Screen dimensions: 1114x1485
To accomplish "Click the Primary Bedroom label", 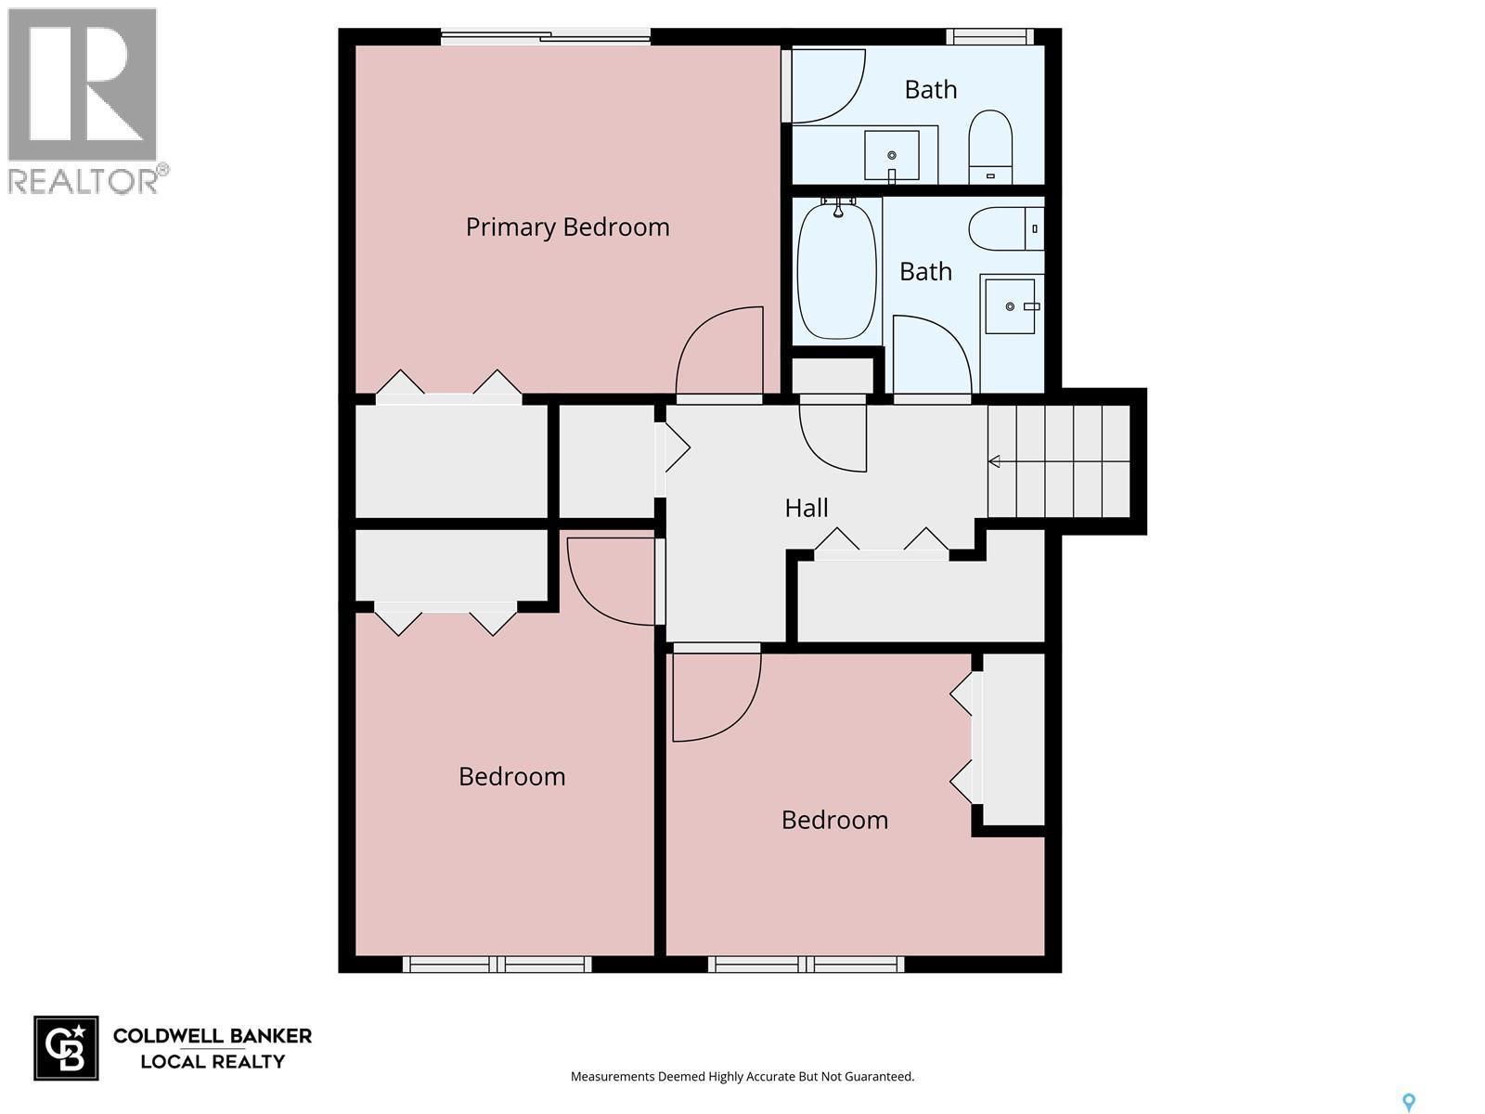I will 567,227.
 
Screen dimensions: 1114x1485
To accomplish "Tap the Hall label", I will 806,508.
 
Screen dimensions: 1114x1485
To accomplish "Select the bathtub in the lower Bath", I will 837,271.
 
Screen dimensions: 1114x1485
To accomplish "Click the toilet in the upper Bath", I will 990,147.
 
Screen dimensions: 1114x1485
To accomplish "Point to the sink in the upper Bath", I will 892,154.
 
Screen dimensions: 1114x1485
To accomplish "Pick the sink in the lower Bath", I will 1010,305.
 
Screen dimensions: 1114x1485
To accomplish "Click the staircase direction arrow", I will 994,461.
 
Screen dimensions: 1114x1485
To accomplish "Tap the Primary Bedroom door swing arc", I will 719,353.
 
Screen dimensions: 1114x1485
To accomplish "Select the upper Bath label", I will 930,89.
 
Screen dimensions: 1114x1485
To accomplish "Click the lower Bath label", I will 925,271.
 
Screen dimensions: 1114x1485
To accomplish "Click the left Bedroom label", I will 511,776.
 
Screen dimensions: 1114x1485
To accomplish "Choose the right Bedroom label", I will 834,820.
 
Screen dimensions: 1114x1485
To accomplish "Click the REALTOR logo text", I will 84,180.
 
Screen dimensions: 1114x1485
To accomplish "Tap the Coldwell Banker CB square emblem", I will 66,1048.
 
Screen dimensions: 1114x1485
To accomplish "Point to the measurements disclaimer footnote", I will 742,1077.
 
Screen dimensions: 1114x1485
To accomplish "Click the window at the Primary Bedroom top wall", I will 546,37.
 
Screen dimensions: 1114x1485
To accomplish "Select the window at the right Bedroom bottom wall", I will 806,965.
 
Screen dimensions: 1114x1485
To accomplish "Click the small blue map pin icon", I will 1408,1102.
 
